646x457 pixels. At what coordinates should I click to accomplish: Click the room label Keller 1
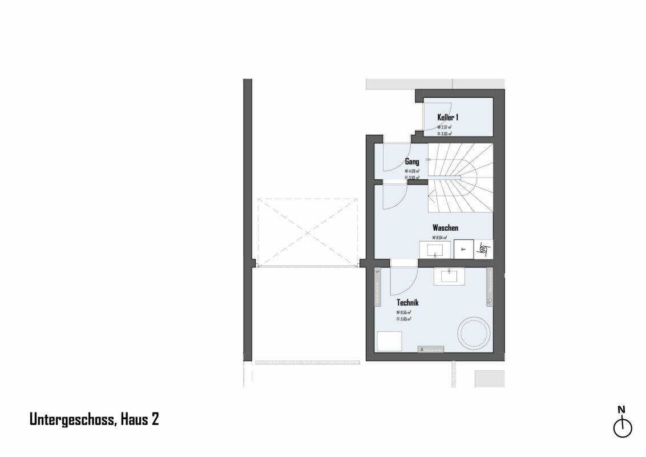click(448, 117)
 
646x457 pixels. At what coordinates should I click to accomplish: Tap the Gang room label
click(412, 162)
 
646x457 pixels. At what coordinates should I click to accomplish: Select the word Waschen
click(445, 228)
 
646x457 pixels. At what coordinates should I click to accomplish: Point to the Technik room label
click(407, 303)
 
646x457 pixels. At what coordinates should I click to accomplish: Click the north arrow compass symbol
click(622, 427)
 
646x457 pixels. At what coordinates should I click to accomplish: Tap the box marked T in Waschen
click(463, 249)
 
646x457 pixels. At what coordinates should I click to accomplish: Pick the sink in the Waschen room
click(435, 249)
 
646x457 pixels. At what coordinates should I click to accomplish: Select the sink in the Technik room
click(450, 276)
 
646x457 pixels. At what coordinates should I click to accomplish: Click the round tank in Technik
click(474, 331)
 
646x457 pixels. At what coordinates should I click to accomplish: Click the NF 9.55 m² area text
click(404, 312)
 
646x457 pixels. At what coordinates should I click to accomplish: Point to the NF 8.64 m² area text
click(439, 238)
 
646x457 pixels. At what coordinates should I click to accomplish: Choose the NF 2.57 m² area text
click(445, 127)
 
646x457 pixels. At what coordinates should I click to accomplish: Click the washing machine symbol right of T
click(483, 249)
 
